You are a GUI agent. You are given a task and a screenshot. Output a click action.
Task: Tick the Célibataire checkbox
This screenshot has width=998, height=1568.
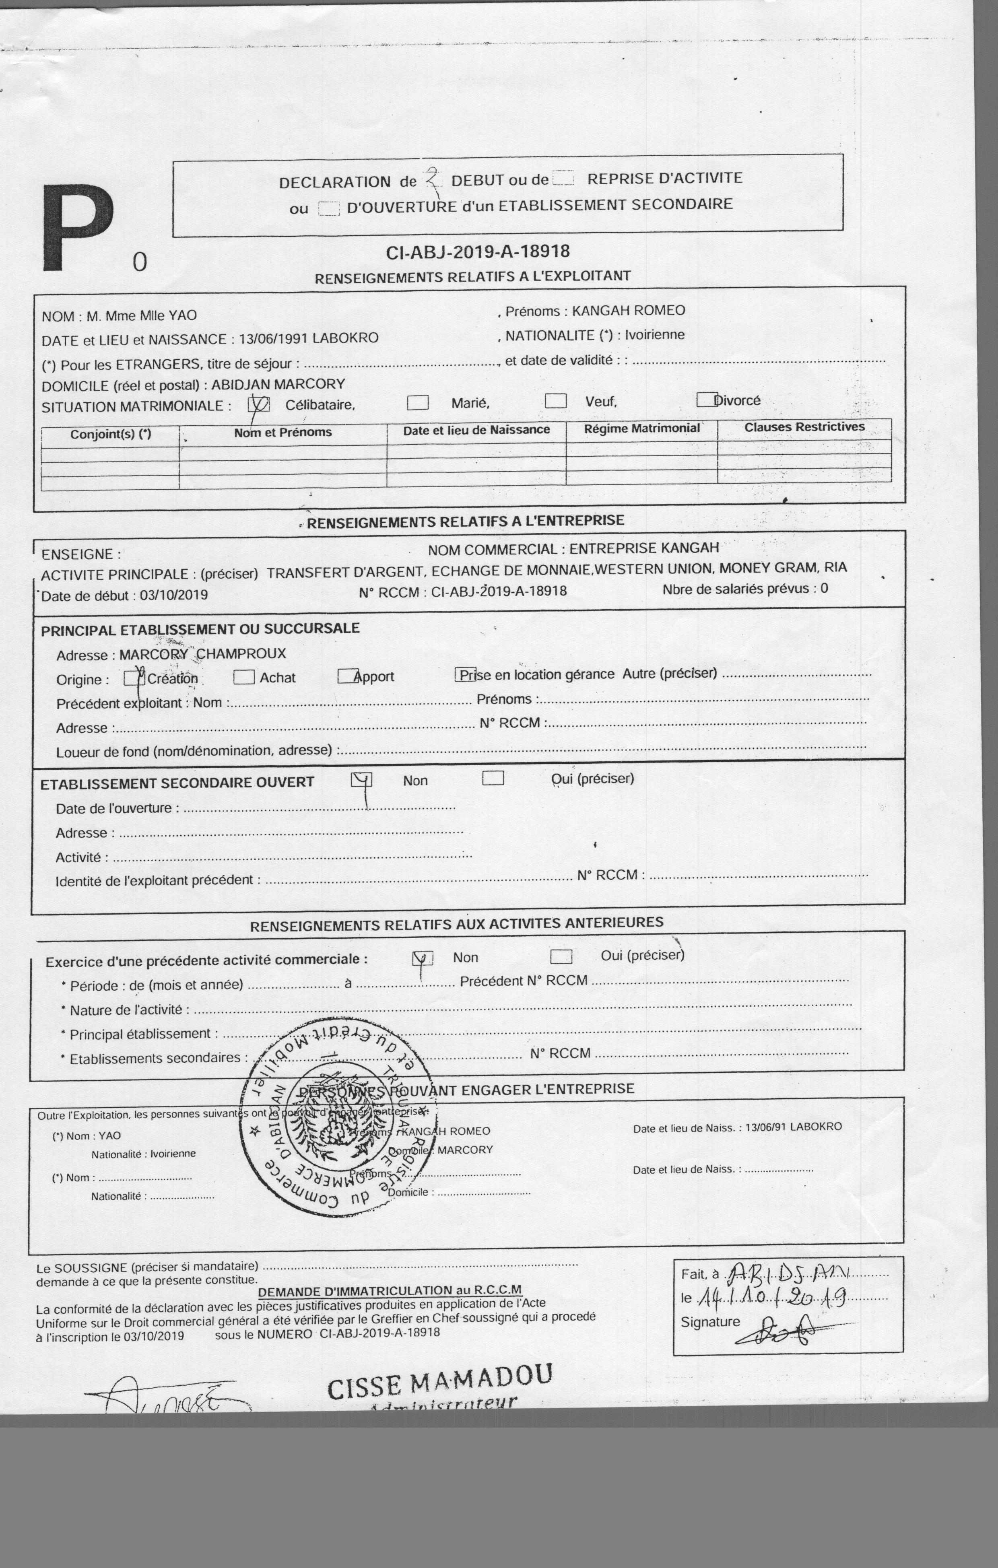point(259,404)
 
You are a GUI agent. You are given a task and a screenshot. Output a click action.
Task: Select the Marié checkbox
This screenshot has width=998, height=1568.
point(418,402)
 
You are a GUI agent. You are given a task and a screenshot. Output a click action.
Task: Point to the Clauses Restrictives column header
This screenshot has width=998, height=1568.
point(804,427)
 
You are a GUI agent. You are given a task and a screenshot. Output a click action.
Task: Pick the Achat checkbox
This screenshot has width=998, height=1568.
point(243,677)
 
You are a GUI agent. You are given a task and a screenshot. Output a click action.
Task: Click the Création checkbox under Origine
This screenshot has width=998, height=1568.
point(134,678)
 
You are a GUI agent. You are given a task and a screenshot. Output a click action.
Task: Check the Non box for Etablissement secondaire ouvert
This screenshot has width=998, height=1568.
point(361,779)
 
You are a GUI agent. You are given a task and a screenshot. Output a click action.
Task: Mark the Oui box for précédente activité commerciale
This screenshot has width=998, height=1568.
point(561,956)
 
